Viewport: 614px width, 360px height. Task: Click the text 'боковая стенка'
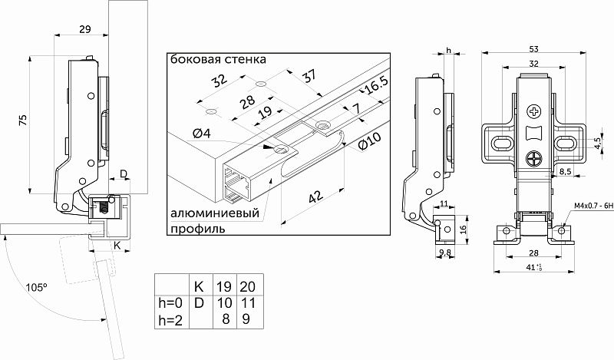219,59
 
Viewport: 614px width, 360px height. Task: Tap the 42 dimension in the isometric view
315,198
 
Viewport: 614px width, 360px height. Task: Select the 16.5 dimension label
377,87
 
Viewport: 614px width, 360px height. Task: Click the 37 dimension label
310,77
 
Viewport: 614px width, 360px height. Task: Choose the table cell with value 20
248,286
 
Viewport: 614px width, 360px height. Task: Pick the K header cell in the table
199,286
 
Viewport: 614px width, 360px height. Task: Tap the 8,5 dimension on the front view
565,170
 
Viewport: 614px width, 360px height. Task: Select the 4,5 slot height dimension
596,142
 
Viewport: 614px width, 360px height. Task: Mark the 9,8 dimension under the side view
445,253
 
